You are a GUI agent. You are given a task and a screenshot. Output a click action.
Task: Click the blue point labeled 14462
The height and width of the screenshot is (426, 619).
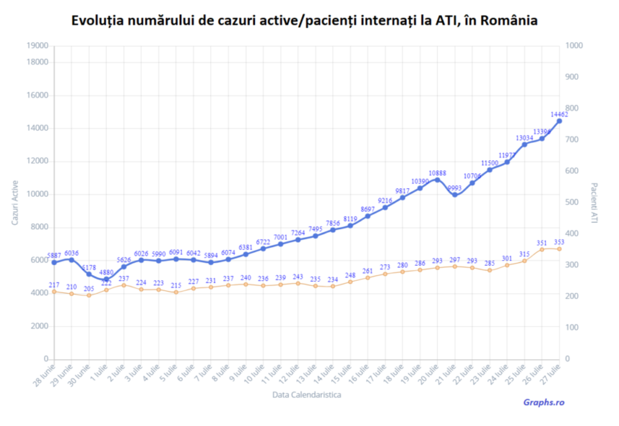(560, 121)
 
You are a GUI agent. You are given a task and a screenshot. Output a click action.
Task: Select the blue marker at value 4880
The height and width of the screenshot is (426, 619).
(106, 279)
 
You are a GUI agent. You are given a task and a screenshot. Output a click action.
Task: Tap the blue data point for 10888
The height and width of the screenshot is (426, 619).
(438, 180)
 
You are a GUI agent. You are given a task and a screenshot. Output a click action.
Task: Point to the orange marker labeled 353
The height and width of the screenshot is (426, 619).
(560, 249)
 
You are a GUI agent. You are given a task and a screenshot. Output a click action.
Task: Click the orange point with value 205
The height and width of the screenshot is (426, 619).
(89, 295)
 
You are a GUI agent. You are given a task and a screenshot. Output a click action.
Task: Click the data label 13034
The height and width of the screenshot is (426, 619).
(524, 137)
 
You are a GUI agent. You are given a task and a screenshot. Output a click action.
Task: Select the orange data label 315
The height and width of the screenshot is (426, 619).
(524, 254)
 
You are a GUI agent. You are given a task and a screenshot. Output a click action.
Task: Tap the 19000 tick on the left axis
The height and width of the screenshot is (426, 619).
(38, 46)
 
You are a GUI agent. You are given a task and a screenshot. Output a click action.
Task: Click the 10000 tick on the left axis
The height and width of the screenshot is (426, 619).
(38, 194)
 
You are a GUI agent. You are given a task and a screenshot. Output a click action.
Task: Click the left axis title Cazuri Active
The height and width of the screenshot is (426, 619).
(15, 202)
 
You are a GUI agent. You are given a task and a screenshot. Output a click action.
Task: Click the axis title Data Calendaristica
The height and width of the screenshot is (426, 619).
(306, 394)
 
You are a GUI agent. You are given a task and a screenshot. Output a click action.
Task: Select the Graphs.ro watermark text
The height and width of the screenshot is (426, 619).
(543, 402)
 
